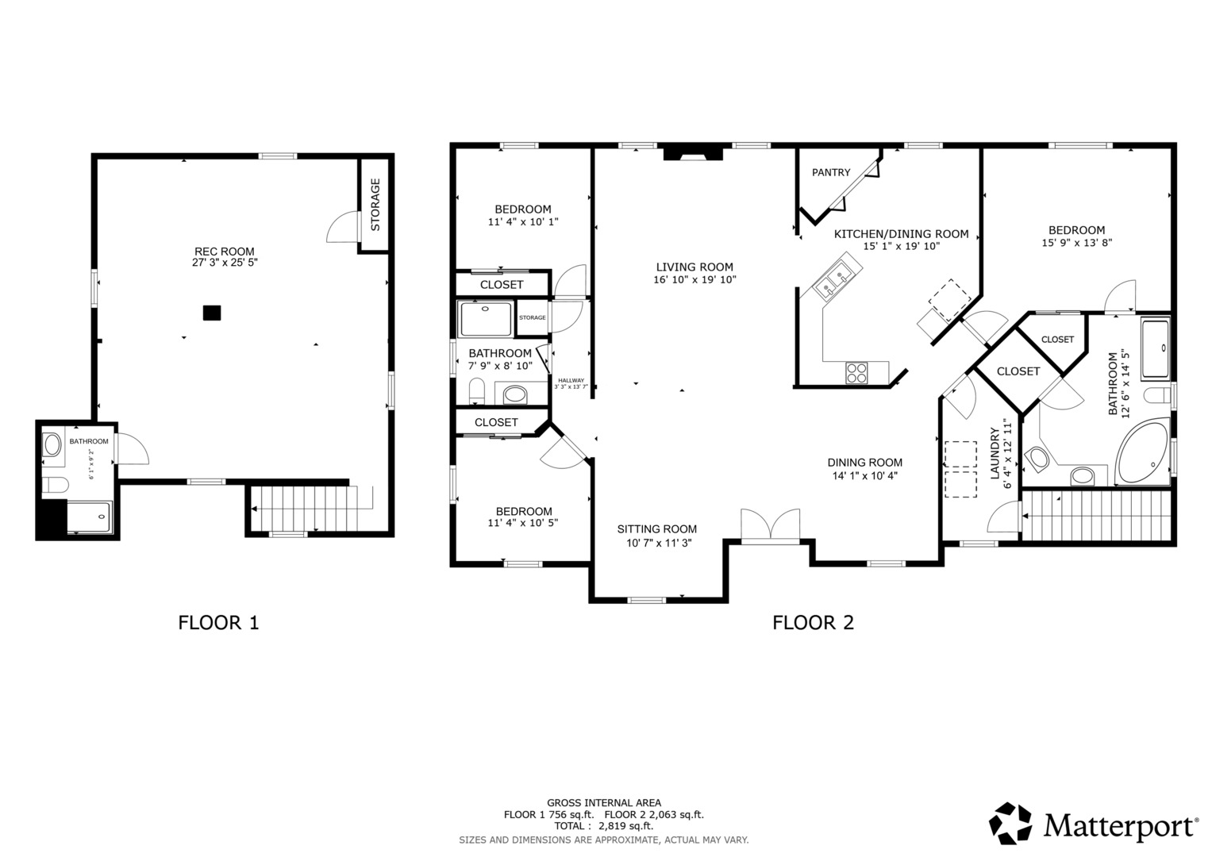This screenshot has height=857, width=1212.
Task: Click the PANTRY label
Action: pos(830,173)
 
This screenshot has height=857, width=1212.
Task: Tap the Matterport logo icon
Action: pos(1010,823)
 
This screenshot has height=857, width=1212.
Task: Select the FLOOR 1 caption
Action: pos(218,623)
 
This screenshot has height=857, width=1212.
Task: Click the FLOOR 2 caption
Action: pos(813,623)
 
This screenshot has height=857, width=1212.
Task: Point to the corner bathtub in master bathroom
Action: pos(1143,452)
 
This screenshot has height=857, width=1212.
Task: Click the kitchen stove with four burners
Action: pos(856,373)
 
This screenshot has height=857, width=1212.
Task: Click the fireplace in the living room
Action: pos(693,154)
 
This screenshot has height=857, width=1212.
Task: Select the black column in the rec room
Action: pos(212,313)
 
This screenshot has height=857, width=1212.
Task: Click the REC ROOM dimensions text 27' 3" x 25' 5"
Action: pos(225,263)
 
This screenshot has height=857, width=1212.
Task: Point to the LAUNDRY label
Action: pos(995,453)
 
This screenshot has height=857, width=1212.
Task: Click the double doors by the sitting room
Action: pos(770,524)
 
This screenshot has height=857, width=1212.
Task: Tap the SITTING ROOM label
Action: pos(657,529)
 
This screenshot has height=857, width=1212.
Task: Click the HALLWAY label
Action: pos(571,380)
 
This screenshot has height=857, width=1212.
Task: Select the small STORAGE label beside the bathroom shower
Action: pos(533,317)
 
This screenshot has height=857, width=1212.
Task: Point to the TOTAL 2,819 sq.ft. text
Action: pos(603,826)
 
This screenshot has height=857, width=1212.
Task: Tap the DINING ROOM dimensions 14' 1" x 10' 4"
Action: pos(864,476)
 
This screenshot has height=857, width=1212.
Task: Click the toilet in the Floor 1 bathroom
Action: pos(55,484)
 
